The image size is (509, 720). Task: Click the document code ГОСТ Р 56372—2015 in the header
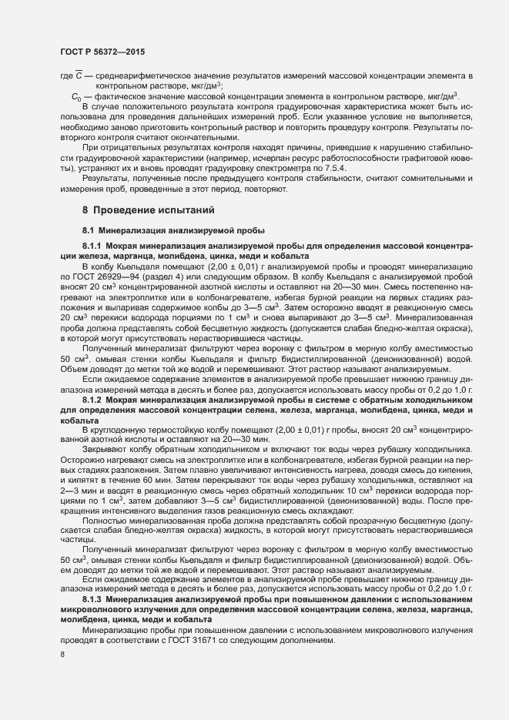point(102,52)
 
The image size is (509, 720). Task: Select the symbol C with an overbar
point(79,75)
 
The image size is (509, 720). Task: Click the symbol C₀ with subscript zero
point(75,96)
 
